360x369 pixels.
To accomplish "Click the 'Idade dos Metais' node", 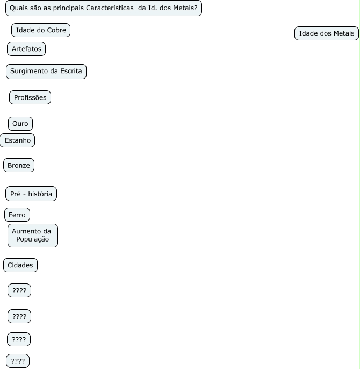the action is tap(327, 33).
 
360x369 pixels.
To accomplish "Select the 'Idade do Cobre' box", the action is tap(41, 30).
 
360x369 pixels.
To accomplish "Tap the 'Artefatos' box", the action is tap(26, 49).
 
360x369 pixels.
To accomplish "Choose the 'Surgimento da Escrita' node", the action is tap(46, 72).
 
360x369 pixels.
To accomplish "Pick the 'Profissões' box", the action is tap(30, 97).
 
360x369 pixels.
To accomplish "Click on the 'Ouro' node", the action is tap(20, 124).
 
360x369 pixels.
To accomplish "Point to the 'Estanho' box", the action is tap(18, 140).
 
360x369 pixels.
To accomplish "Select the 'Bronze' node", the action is tap(19, 165).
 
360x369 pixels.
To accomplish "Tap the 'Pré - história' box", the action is tap(31, 194).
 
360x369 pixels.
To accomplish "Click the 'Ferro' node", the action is tap(17, 215).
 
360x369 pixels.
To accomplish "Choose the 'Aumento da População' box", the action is tap(32, 236).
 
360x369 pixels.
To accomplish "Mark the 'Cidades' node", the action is tap(20, 265).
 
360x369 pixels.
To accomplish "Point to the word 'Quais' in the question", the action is tap(19, 8).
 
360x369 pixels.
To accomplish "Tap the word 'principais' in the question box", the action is tap(68, 8).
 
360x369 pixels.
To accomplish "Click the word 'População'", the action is tap(32, 239).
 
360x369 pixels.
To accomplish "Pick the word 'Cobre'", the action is tap(56, 30).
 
